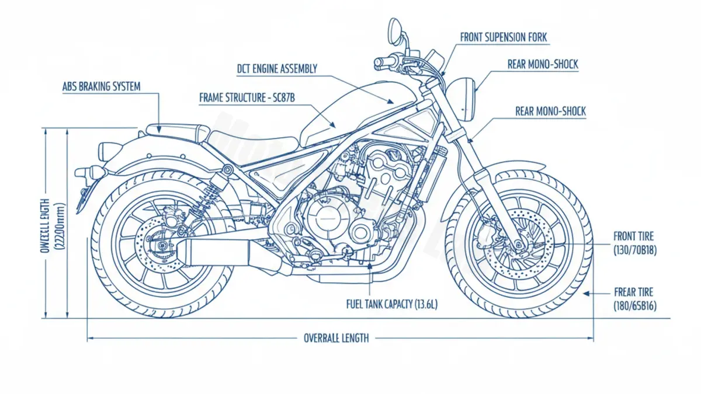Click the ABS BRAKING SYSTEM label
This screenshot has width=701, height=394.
click(x=101, y=86)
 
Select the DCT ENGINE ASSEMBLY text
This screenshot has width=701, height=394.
click(x=277, y=69)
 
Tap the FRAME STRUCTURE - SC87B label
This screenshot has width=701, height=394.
click(x=247, y=98)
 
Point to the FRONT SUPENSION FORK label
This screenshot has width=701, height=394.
click(x=504, y=37)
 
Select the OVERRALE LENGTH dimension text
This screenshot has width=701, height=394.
click(x=336, y=338)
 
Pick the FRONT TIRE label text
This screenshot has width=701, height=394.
click(x=633, y=236)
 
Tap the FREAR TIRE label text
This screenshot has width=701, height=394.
click(x=634, y=292)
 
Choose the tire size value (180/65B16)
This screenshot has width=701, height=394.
click(x=634, y=305)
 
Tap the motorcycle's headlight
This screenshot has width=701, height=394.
click(x=467, y=99)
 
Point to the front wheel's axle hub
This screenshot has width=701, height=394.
click(x=516, y=245)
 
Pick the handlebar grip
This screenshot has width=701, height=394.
click(x=385, y=61)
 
